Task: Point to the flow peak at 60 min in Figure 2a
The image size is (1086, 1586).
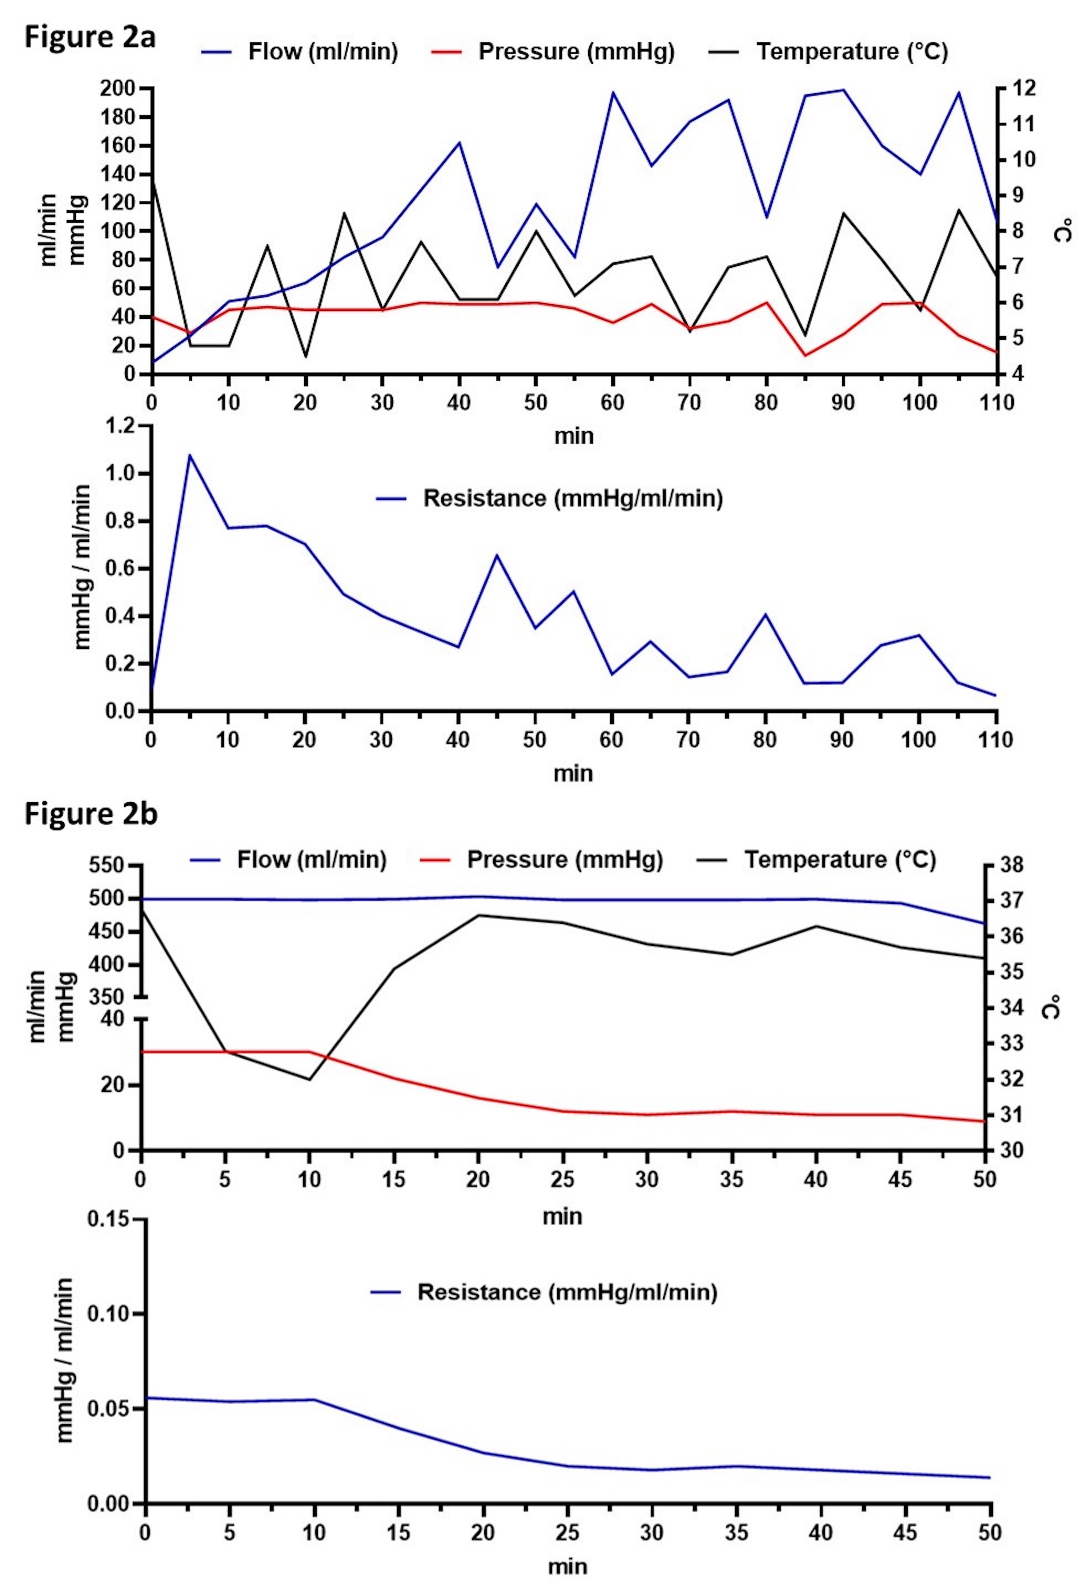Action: point(613,92)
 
